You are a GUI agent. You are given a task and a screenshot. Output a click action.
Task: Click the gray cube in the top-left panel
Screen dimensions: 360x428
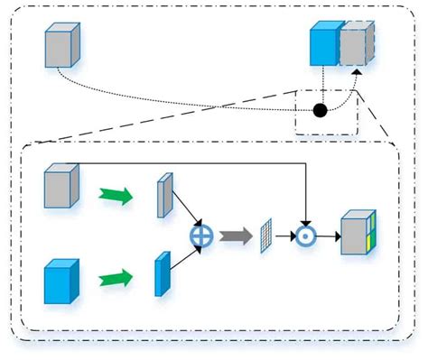61,46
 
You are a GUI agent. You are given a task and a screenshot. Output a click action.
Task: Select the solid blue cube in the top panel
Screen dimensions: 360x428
322,46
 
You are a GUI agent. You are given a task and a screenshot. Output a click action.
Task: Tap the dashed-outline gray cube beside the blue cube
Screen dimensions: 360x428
353,45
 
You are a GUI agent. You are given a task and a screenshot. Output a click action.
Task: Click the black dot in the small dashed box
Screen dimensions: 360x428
319,111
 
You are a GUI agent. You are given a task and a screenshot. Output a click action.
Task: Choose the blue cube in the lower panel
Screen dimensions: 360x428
61,281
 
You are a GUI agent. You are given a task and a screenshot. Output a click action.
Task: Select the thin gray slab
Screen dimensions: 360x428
163,197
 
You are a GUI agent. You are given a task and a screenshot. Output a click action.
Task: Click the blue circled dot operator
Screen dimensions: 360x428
307,236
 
